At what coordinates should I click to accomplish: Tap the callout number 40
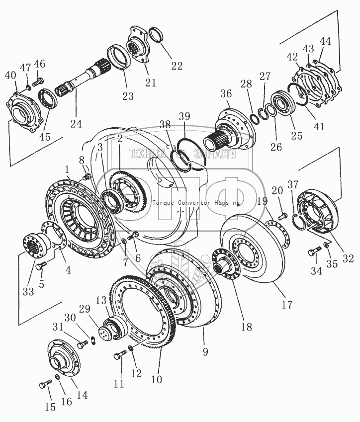tap(10, 76)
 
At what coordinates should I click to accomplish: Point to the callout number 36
tap(226, 94)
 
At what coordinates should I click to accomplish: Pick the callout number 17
tap(287, 305)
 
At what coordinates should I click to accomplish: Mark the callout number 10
tap(157, 380)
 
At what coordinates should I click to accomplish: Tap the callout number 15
tap(50, 408)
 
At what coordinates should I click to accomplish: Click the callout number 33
tap(28, 291)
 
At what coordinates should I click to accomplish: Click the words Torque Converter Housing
tap(196, 203)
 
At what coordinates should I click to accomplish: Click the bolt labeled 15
tap(44, 385)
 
